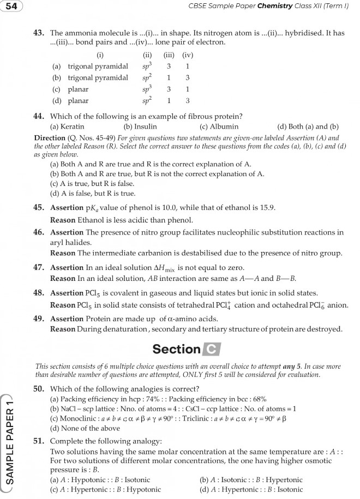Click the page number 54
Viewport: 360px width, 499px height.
coord(11,6)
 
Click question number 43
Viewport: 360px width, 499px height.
coord(39,33)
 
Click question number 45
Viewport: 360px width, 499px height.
coord(39,208)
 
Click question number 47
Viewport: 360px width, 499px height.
coord(39,268)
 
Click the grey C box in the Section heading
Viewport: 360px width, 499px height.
coord(211,349)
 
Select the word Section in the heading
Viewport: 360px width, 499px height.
coord(176,349)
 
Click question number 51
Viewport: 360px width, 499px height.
coord(39,441)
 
